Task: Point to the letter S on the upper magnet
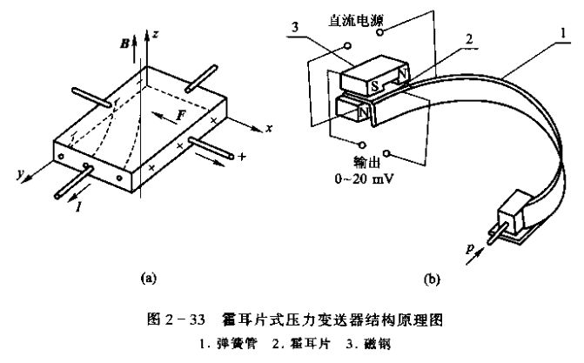(373, 86)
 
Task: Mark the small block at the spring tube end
(513, 212)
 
